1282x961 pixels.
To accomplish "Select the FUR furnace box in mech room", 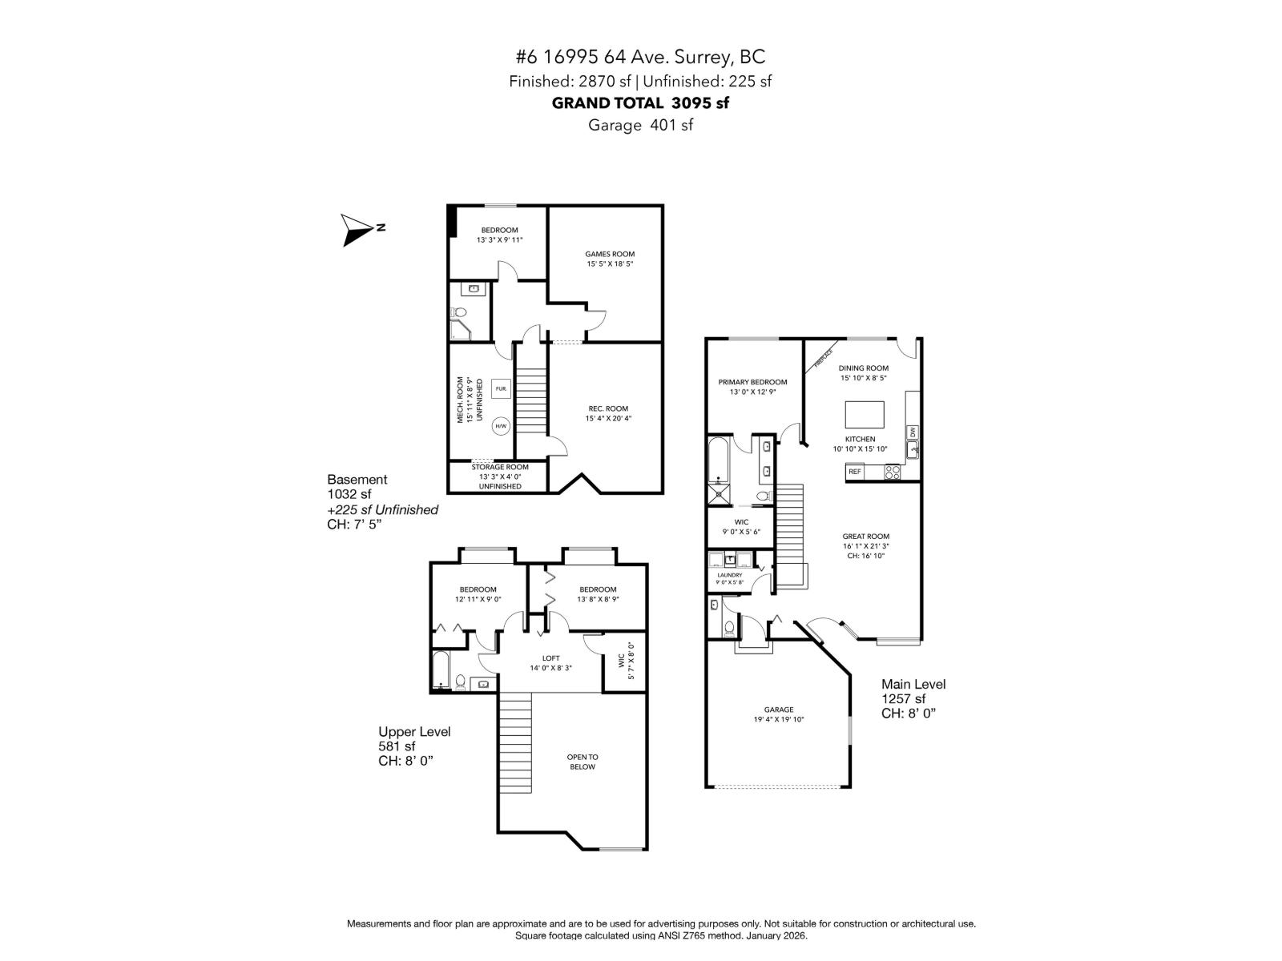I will tap(501, 389).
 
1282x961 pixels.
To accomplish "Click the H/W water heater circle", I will tap(501, 426).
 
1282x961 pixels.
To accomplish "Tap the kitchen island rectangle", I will tap(865, 416).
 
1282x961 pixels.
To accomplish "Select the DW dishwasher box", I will tap(912, 432).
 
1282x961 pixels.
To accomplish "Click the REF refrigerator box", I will tap(855, 472).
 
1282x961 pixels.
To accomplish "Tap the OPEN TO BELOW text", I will tap(583, 762).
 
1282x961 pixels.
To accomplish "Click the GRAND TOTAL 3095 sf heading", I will tap(640, 103).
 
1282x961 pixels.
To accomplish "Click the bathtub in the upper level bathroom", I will tap(441, 671).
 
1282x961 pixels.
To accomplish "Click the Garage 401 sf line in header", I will tap(640, 125).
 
